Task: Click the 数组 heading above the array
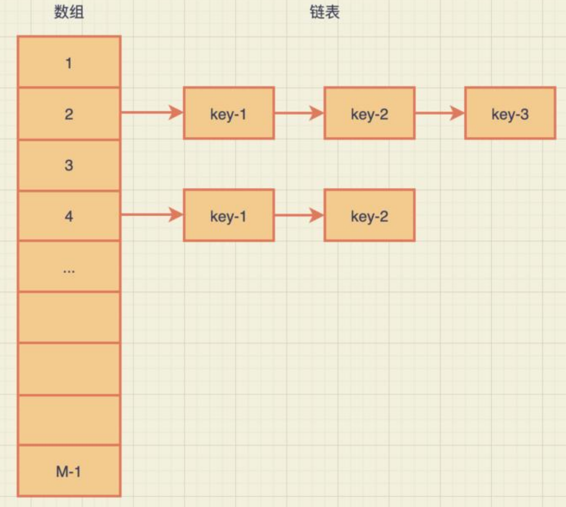pyautogui.click(x=69, y=12)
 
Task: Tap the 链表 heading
pyautogui.click(x=325, y=12)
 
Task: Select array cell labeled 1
pyautogui.click(x=69, y=62)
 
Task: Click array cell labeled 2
pyautogui.click(x=69, y=114)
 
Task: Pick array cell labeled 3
pyautogui.click(x=69, y=165)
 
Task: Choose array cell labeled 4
pyautogui.click(x=69, y=216)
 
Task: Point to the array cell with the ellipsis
pyautogui.click(x=69, y=266)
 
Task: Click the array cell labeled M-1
pyautogui.click(x=69, y=471)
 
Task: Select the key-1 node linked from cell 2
pyautogui.click(x=229, y=113)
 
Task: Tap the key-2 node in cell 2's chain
pyautogui.click(x=369, y=113)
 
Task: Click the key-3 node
pyautogui.click(x=510, y=113)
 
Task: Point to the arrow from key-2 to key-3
pyautogui.click(x=439, y=113)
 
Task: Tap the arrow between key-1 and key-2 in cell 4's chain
pyautogui.click(x=299, y=215)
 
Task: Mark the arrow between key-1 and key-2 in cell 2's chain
pyautogui.click(x=299, y=113)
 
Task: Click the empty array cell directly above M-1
pyautogui.click(x=69, y=420)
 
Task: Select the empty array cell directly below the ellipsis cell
pyautogui.click(x=69, y=317)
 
